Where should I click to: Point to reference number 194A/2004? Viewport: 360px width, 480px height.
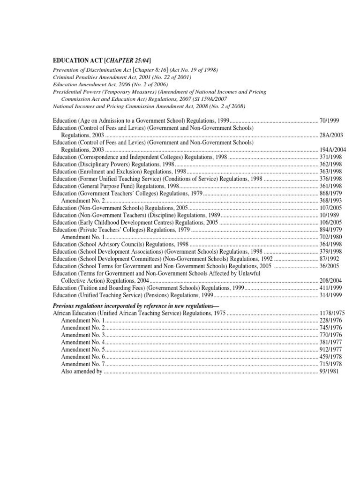tap(331, 150)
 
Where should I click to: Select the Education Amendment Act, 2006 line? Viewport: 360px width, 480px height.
tap(110, 84)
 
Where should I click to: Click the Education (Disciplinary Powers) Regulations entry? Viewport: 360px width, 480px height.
tap(113, 164)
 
